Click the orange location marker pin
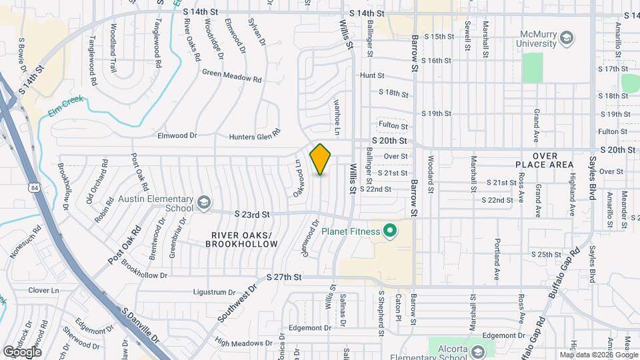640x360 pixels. pyautogui.click(x=321, y=159)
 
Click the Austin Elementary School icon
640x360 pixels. pyautogui.click(x=203, y=201)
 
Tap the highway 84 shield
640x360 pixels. pyautogui.click(x=34, y=189)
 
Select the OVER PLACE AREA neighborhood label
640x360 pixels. pyautogui.click(x=544, y=159)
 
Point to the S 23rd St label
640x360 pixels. pyautogui.click(x=252, y=214)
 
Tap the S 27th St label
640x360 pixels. pyautogui.click(x=284, y=277)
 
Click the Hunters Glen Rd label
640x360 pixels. pyautogui.click(x=254, y=137)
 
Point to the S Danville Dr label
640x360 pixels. pyautogui.click(x=141, y=325)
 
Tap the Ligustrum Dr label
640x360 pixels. pyautogui.click(x=214, y=292)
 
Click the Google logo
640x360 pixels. pyautogui.click(x=22, y=351)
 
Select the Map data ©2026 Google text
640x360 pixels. pyautogui.click(x=598, y=355)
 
